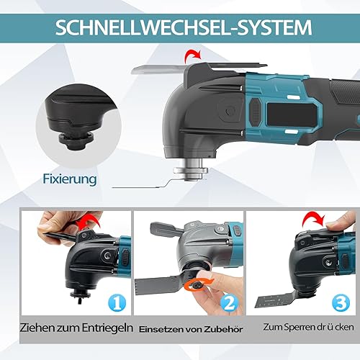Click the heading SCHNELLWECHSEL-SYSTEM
tap(184, 28)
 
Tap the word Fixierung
tap(70, 179)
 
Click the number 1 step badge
tap(117, 302)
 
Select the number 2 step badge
tap(230, 302)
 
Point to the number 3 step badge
tap(341, 302)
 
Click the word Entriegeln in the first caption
tap(107, 328)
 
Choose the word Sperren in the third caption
tap(300, 328)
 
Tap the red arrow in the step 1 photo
tap(89, 222)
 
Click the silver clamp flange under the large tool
tap(191, 171)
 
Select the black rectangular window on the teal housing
tap(291, 114)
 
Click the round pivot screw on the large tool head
tap(228, 111)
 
